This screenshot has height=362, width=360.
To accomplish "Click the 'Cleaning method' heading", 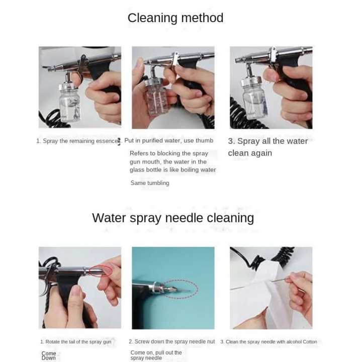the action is click(175, 18).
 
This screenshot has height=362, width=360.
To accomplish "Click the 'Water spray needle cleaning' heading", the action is click(173, 218).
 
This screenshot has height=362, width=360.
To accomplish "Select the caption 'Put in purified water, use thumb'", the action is click(169, 141).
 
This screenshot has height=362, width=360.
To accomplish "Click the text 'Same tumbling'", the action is click(150, 183).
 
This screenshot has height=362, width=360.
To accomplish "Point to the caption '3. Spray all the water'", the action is click(268, 141).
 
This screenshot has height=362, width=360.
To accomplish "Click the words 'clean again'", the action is click(250, 153).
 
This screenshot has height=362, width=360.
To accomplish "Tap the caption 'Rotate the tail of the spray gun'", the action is click(78, 342).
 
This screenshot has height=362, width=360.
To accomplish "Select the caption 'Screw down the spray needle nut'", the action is click(174, 341).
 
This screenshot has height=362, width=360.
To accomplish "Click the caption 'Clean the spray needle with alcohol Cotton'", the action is click(272, 342).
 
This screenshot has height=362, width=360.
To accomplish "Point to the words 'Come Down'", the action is click(49, 355).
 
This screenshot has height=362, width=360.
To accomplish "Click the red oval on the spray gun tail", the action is click(101, 271).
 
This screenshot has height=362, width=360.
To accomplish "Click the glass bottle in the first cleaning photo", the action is click(70, 103).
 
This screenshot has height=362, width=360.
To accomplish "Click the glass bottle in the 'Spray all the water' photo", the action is click(254, 99).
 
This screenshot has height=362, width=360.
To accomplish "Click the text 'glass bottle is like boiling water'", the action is click(173, 170).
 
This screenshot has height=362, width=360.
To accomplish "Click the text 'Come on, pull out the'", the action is click(156, 353).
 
